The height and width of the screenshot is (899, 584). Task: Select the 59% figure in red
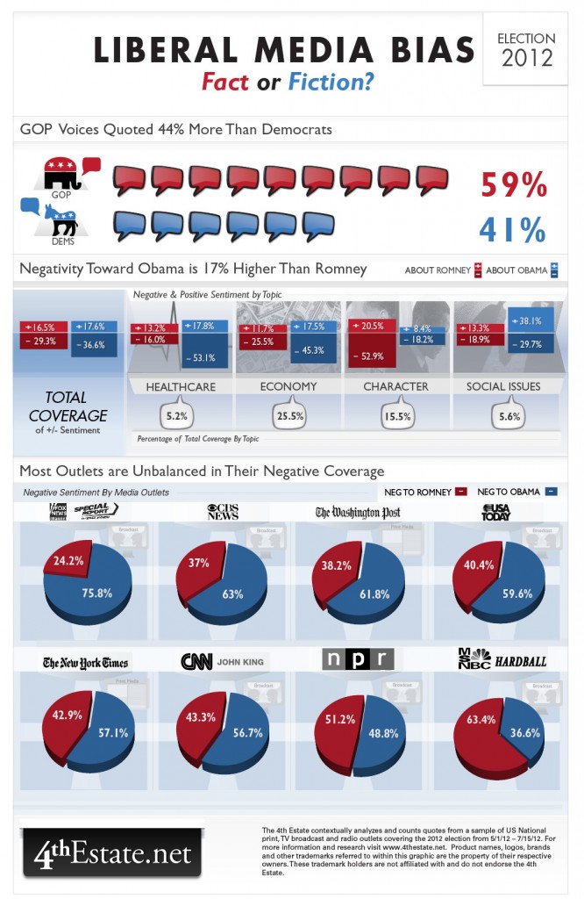[513, 185]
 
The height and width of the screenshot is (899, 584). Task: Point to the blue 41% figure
[513, 229]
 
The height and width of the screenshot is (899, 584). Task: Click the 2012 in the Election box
[526, 60]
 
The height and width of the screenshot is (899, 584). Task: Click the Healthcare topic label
[182, 386]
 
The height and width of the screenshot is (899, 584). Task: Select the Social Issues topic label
[505, 386]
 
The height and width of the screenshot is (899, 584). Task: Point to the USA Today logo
[496, 512]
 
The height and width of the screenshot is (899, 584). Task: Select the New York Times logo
[86, 662]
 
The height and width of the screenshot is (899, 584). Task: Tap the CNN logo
[198, 662]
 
